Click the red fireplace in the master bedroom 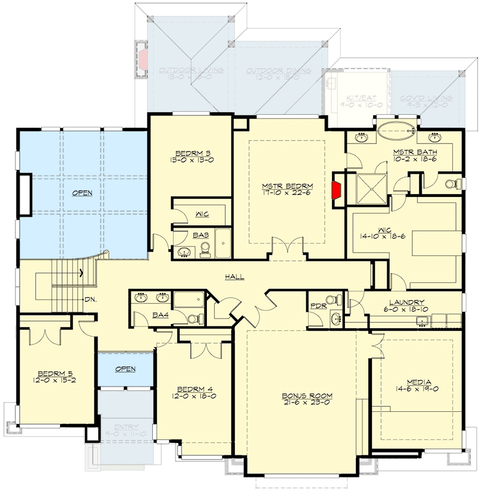pos(337,191)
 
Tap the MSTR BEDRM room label pos(287,186)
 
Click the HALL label pos(234,277)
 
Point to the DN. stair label pos(90,300)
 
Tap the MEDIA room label pos(417,381)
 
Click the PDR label pos(317,305)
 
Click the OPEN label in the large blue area pos(82,193)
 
